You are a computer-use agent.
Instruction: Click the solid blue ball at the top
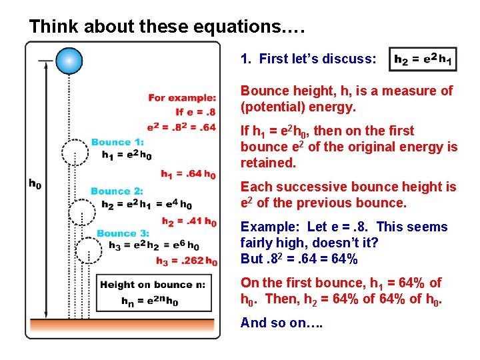pyautogui.click(x=69, y=61)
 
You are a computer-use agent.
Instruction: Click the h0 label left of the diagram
pyautogui.click(x=34, y=183)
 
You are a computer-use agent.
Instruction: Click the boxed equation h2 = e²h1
pyautogui.click(x=422, y=60)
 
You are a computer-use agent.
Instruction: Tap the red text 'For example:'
pyautogui.click(x=182, y=98)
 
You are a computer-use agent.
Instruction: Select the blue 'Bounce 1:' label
pyautogui.click(x=117, y=142)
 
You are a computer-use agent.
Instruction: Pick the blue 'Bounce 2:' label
pyautogui.click(x=117, y=191)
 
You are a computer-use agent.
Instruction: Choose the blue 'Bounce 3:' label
pyautogui.click(x=123, y=233)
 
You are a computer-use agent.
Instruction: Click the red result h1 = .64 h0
pyautogui.click(x=188, y=174)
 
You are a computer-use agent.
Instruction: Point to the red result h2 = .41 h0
pyautogui.click(x=189, y=221)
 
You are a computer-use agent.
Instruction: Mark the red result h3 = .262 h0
pyautogui.click(x=187, y=261)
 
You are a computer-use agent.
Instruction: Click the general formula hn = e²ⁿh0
pyautogui.click(x=149, y=301)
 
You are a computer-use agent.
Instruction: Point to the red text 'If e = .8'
pyautogui.click(x=196, y=111)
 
